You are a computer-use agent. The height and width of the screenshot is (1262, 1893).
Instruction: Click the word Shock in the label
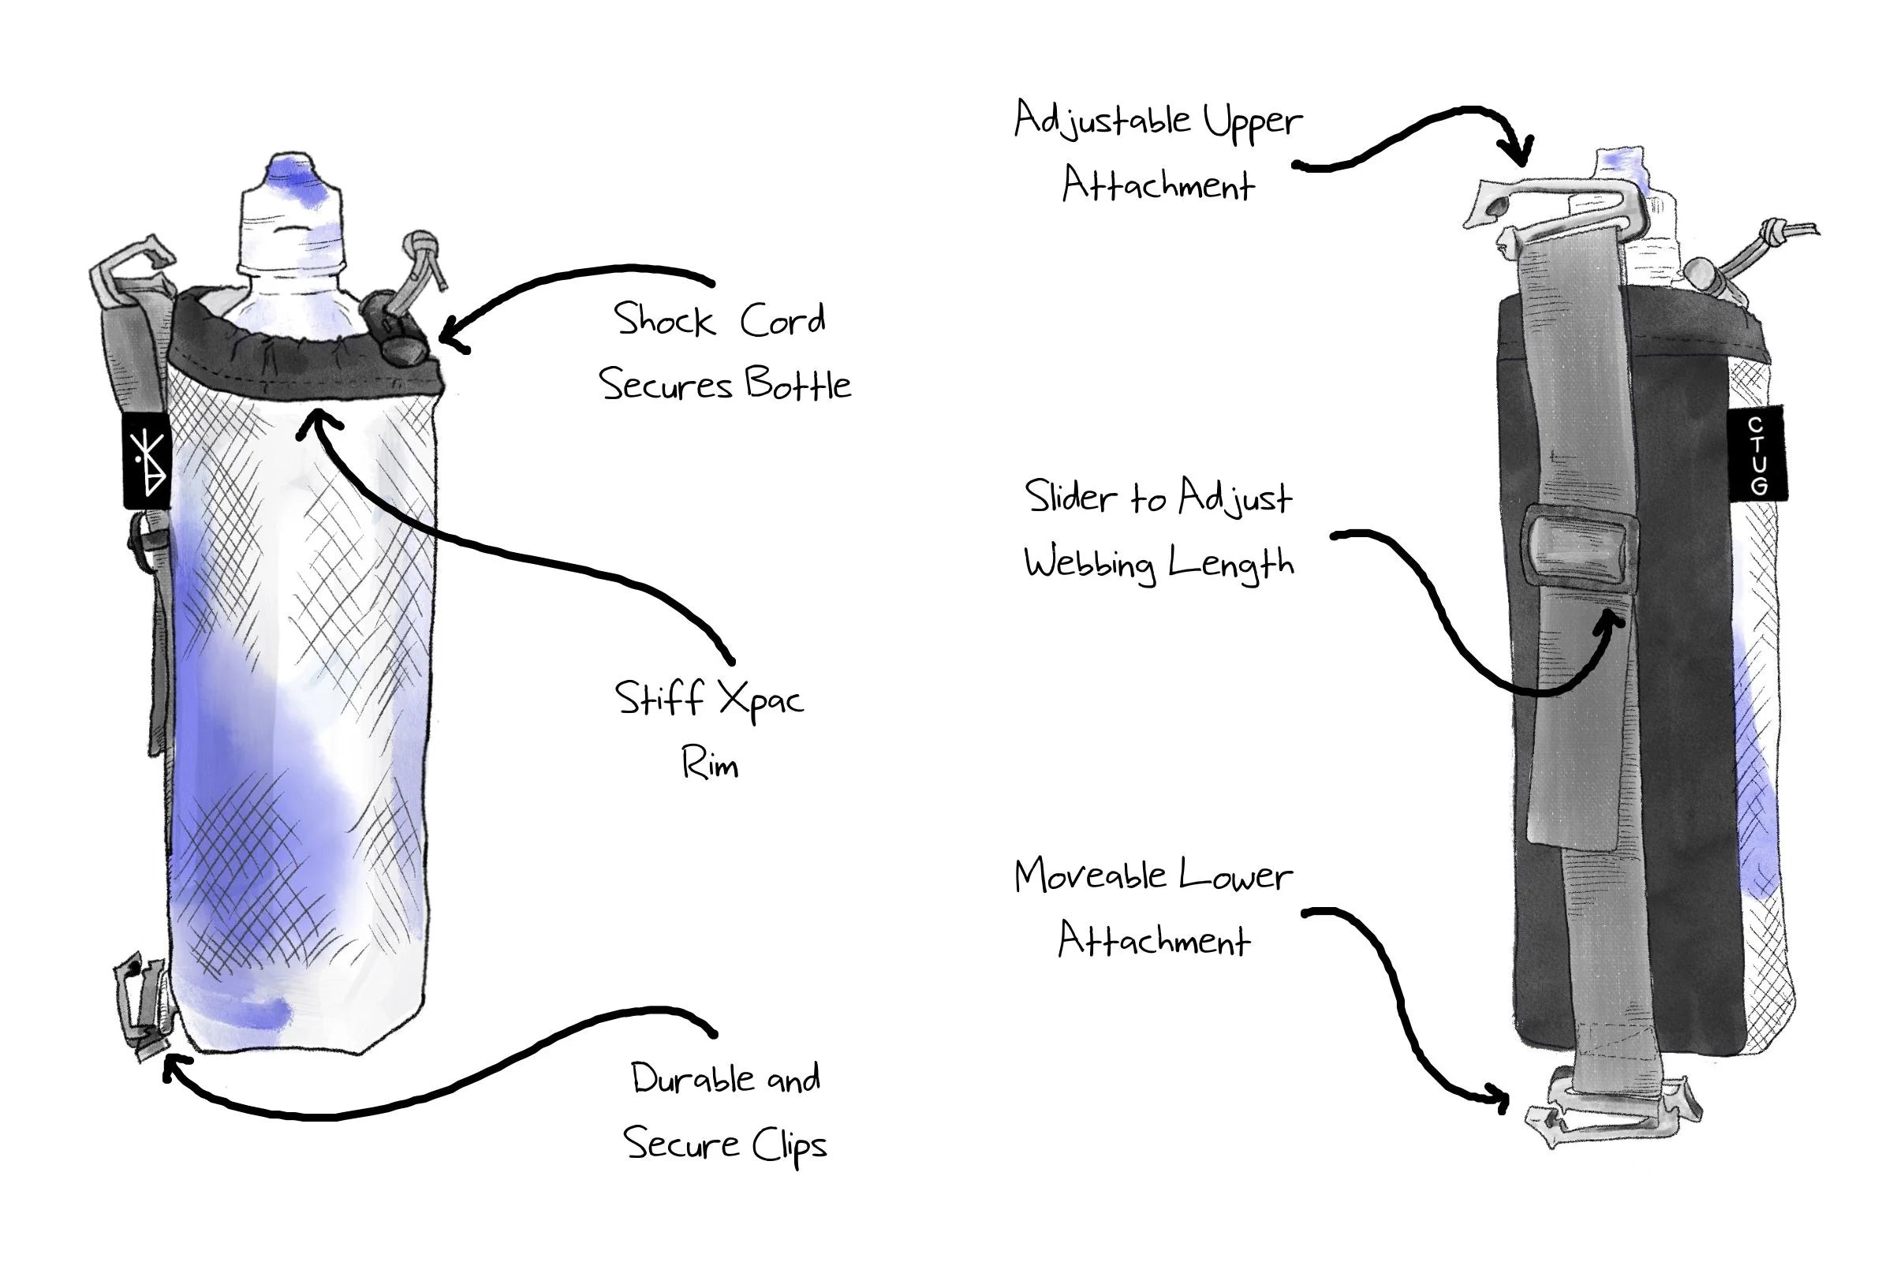[663, 320]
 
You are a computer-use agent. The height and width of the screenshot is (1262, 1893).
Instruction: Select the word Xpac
[760, 700]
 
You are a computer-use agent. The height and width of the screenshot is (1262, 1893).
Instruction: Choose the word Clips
[789, 1145]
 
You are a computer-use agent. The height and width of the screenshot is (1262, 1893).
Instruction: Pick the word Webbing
[1090, 562]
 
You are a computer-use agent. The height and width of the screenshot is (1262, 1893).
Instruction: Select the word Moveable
[1089, 876]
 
